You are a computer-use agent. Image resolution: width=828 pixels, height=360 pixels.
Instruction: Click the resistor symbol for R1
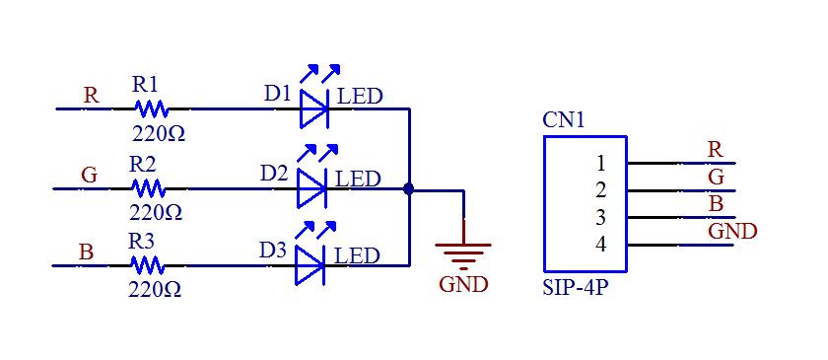pos(150,108)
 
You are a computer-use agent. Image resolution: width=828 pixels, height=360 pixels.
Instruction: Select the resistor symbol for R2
pos(148,186)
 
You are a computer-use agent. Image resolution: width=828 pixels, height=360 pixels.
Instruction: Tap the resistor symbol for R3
pos(148,264)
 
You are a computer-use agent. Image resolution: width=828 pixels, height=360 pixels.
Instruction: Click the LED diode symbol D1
pos(313,108)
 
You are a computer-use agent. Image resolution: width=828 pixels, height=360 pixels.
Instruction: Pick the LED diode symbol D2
pos(311,186)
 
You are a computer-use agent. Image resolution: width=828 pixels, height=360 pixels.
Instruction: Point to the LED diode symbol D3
pos(310,264)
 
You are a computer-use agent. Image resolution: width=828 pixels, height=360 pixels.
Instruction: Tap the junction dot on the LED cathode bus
pos(408,186)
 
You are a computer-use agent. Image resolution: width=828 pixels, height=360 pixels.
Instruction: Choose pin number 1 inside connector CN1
pos(600,162)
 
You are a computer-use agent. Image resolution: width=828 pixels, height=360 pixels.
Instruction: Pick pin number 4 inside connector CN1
pos(600,244)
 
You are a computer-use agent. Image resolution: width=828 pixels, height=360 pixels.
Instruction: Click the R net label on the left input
pos(91,96)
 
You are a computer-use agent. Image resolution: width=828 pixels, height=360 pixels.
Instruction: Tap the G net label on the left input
pos(89,175)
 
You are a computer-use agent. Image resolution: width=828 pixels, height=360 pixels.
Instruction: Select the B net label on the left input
pos(86,252)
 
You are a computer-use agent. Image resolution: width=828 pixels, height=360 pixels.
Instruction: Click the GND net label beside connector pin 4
pos(732,232)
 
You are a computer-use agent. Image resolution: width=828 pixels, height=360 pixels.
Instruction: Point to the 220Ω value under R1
pos(157,131)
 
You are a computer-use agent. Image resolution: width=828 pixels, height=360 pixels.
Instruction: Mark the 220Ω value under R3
pos(155,289)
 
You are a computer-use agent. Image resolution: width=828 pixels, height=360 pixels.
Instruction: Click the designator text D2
pos(274,173)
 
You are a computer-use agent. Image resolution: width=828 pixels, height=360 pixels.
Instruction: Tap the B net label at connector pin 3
pos(717,204)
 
